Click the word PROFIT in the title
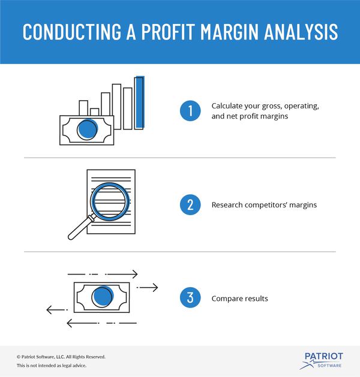[x=168, y=32]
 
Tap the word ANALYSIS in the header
[x=301, y=32]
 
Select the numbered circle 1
[x=190, y=111]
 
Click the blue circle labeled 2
[x=190, y=204]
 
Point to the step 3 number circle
[x=190, y=297]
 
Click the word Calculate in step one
[x=227, y=106]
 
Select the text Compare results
[x=239, y=298]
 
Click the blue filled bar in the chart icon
[x=139, y=102]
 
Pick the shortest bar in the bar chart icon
[x=95, y=112]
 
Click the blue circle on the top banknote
[x=88, y=129]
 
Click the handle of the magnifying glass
[x=80, y=227]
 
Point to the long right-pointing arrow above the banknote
[x=103, y=274]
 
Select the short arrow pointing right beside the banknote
[x=147, y=287]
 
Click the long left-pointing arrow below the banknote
[x=102, y=323]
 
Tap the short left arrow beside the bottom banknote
[x=57, y=310]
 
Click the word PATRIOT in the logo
[x=324, y=356]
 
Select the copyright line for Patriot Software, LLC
[x=61, y=357]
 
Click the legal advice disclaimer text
[x=52, y=366]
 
